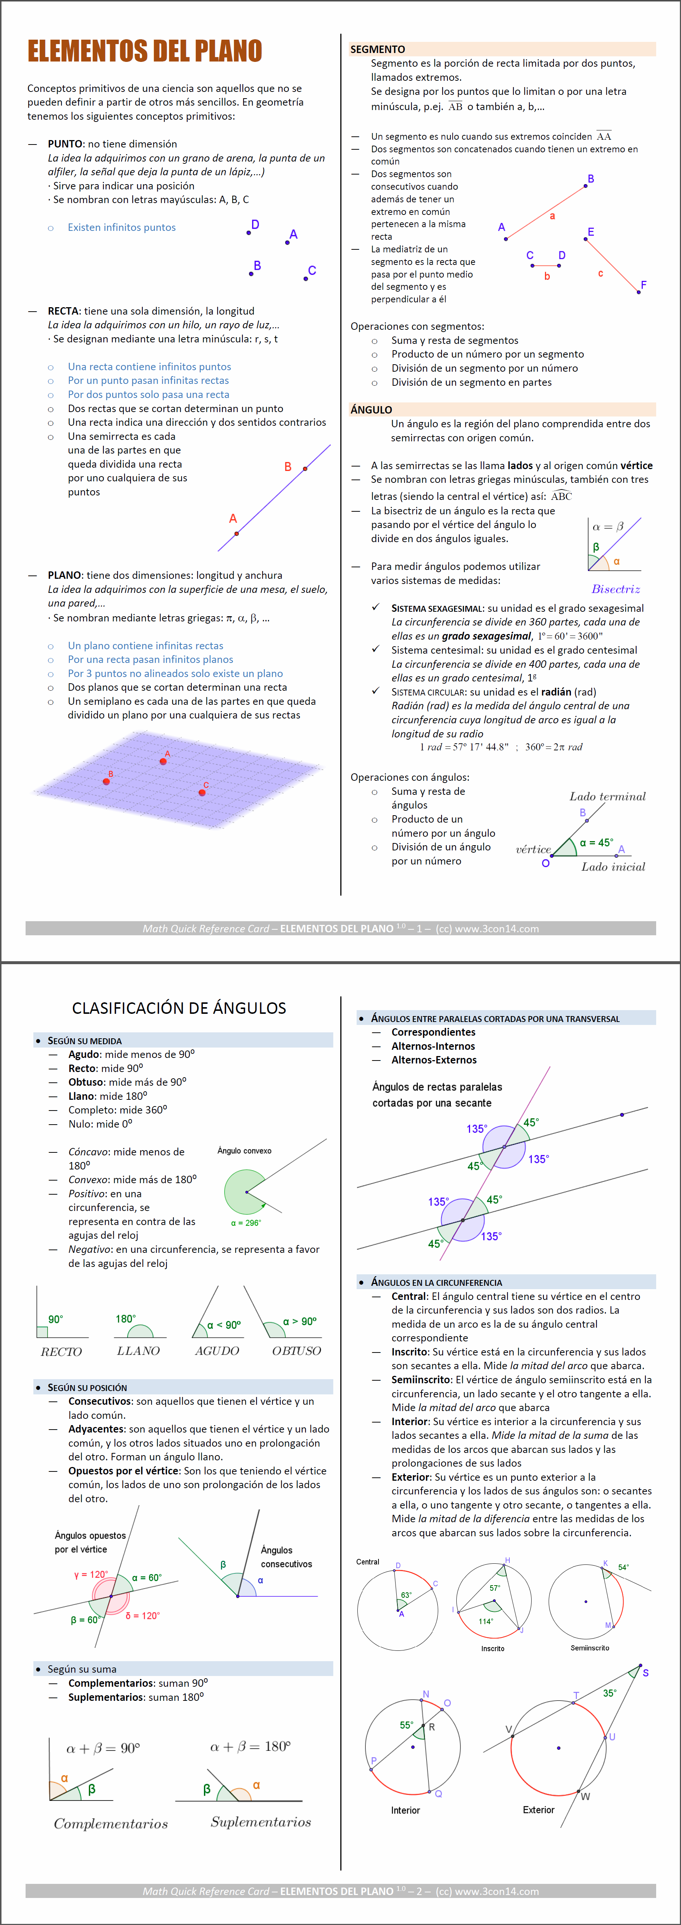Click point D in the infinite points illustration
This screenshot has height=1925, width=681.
[x=249, y=232]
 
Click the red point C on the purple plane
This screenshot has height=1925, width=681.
[x=202, y=792]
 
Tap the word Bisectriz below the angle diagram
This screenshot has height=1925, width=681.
[x=615, y=589]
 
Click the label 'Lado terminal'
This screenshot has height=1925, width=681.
[x=607, y=797]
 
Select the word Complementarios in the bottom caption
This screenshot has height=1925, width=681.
[x=110, y=1823]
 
